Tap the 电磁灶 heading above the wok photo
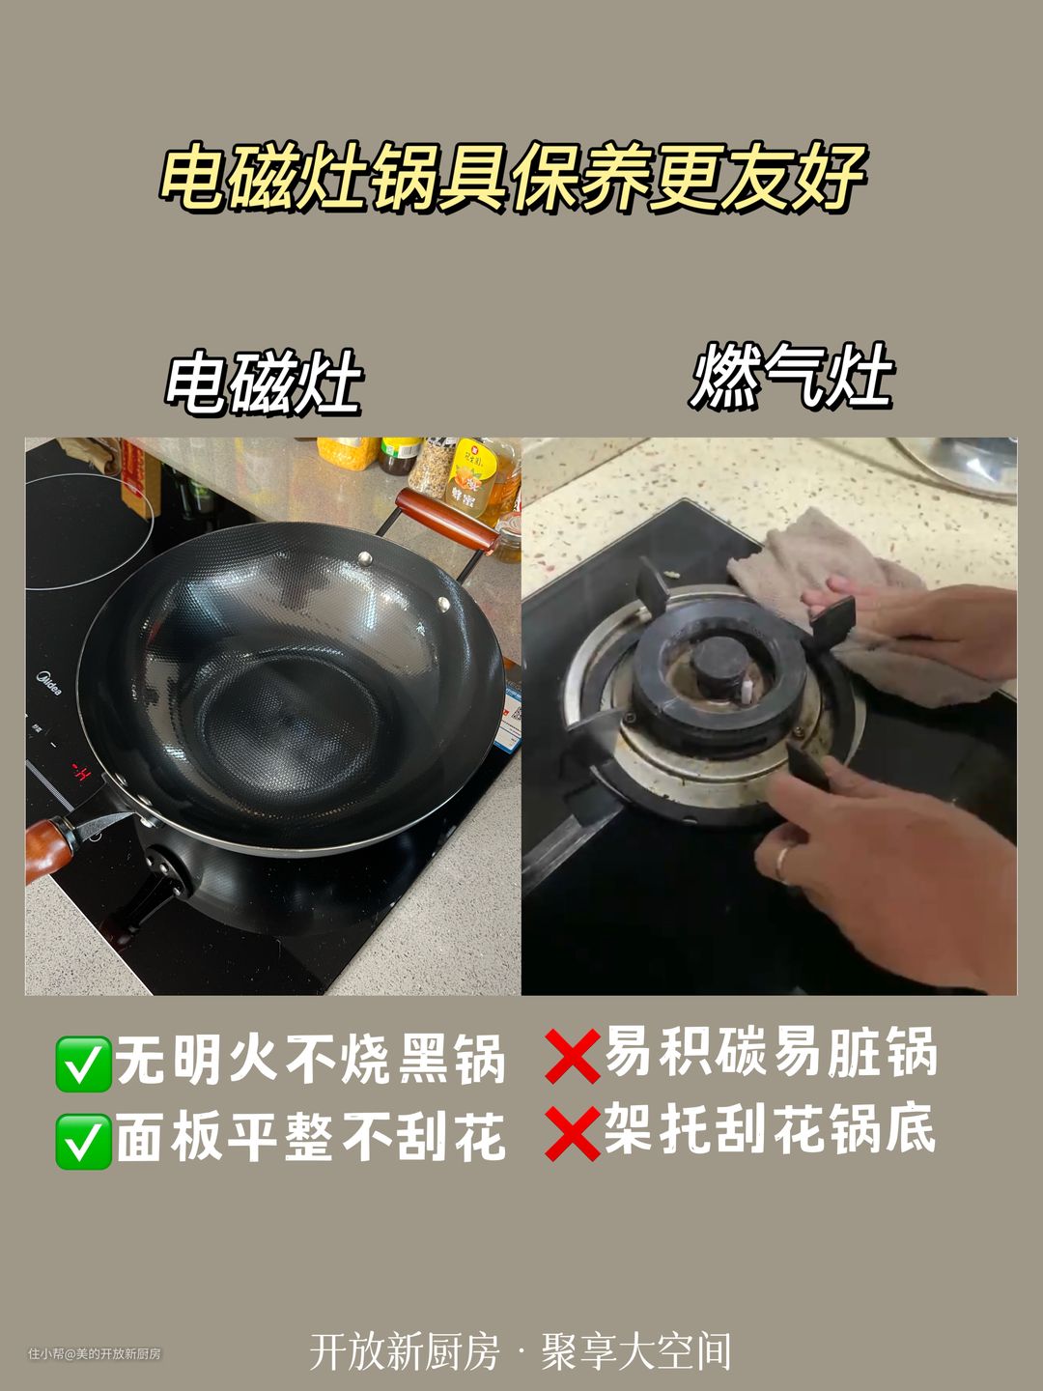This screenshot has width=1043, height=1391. (264, 382)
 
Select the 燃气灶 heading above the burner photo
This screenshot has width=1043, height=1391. (791, 375)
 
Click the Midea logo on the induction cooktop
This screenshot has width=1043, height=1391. (48, 683)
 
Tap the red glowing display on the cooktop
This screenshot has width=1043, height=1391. (81, 773)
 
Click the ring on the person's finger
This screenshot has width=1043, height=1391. (782, 864)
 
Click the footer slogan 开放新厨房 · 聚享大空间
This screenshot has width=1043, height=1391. (520, 1350)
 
